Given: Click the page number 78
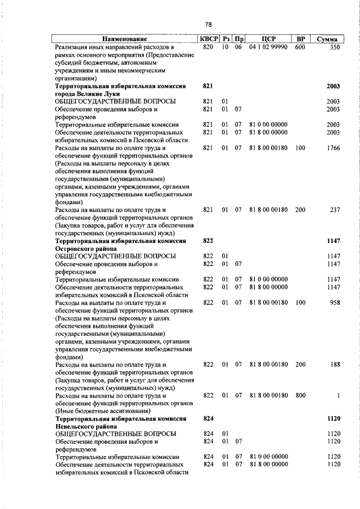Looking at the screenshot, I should tap(208, 25).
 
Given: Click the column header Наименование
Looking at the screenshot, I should tap(124, 39).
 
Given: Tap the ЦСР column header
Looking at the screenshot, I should tap(268, 39).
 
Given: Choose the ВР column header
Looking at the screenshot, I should tap(301, 39).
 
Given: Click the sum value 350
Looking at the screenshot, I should tap(335, 48).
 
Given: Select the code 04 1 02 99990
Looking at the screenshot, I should tap(268, 48).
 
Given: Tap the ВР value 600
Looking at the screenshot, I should tap(300, 48).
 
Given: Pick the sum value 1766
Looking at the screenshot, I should tap(333, 148).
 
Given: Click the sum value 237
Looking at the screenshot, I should tap(335, 210).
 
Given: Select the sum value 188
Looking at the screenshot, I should tap(335, 364).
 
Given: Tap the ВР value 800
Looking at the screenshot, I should tap(300, 395).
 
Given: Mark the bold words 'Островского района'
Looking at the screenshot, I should tap(86, 249).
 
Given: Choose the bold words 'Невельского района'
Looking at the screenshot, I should tap(85, 426).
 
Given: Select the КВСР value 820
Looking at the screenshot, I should tap(208, 48).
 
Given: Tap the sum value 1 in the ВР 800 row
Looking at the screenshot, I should tap(339, 395).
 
